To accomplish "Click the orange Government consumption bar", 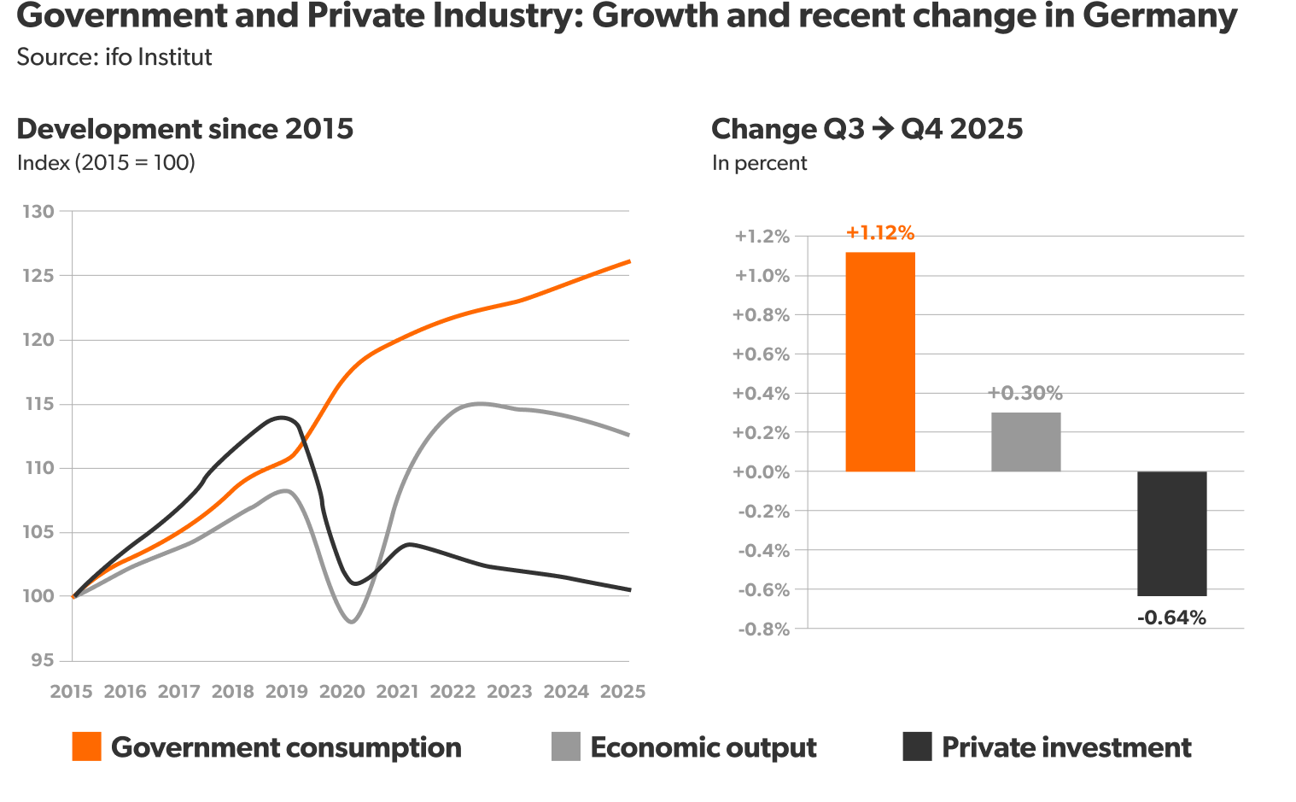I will pyautogui.click(x=879, y=361).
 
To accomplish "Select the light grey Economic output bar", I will pyautogui.click(x=1025, y=442).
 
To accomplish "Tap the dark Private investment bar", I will pyautogui.click(x=1171, y=533).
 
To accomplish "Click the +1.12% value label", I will pyautogui.click(x=879, y=232).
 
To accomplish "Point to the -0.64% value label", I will pyautogui.click(x=1171, y=618).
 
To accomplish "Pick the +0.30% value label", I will pyautogui.click(x=1025, y=393).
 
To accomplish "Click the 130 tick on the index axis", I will pyautogui.click(x=38, y=211).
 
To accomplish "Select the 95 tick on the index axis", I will pyautogui.click(x=42, y=660).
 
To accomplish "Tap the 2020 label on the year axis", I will pyautogui.click(x=342, y=691).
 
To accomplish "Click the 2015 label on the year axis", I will pyautogui.click(x=71, y=691).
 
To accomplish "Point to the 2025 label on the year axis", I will pyautogui.click(x=622, y=691).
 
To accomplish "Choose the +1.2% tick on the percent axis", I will pyautogui.click(x=762, y=236).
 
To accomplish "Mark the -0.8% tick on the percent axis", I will pyautogui.click(x=763, y=629).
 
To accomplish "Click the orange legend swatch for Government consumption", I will pyautogui.click(x=86, y=746).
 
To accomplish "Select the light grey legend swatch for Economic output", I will pyautogui.click(x=565, y=746).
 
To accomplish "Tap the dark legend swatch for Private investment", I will pyautogui.click(x=917, y=746).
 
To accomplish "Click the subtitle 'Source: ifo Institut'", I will pyautogui.click(x=114, y=57).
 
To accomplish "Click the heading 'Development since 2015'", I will pyautogui.click(x=184, y=129).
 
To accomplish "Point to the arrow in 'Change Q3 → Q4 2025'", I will pyautogui.click(x=883, y=129).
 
